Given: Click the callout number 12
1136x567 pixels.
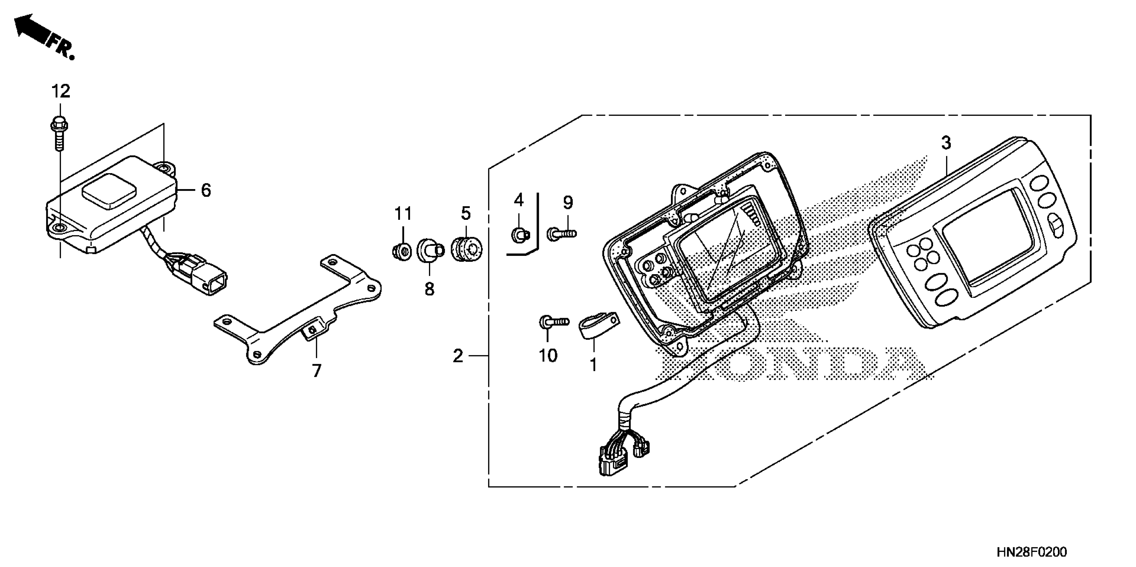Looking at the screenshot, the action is pyautogui.click(x=61, y=92).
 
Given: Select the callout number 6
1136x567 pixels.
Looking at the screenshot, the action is pyautogui.click(x=206, y=190).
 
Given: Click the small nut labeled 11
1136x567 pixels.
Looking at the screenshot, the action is pyautogui.click(x=401, y=251).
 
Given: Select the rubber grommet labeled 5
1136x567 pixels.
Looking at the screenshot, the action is pyautogui.click(x=467, y=250).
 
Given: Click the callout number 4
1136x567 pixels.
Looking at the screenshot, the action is pyautogui.click(x=519, y=200).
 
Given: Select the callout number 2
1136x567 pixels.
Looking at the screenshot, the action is pyautogui.click(x=458, y=356).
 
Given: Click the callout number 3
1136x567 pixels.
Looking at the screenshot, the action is pyautogui.click(x=946, y=143).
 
